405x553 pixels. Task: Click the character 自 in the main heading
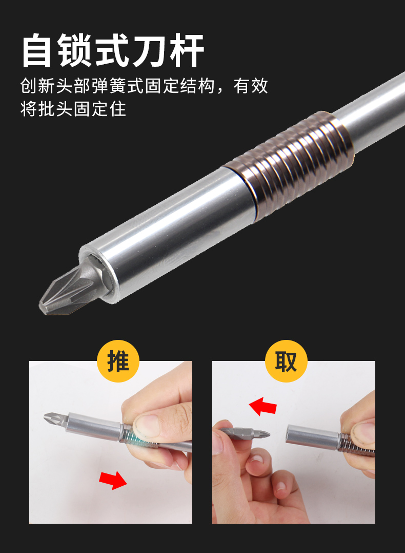point(36,50)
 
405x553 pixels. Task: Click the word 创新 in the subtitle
point(37,86)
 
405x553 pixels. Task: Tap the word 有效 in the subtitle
point(250,86)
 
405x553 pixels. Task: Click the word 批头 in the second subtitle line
point(55,108)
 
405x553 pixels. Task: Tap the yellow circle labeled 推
point(118,361)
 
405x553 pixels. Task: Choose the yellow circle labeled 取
point(286,361)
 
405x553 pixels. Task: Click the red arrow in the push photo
point(113,480)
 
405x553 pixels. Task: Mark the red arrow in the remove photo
point(262,406)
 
